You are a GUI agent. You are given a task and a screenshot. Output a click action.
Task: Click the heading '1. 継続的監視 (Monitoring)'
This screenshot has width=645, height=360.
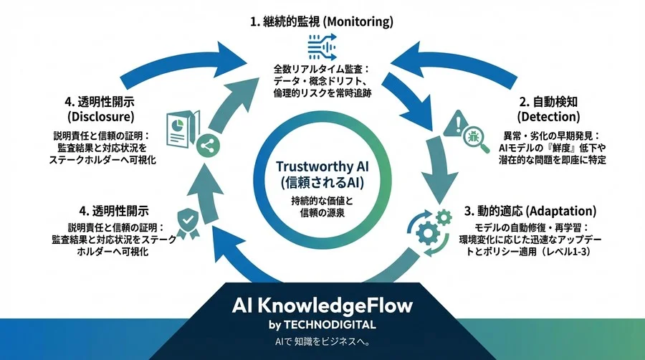coord(321,22)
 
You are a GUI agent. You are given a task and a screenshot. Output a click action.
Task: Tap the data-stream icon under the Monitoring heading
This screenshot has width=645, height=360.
coord(322,47)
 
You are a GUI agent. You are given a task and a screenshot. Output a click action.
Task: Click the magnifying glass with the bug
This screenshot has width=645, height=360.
coord(476,139)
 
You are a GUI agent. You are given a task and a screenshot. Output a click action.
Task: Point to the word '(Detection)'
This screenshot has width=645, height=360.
coord(548,116)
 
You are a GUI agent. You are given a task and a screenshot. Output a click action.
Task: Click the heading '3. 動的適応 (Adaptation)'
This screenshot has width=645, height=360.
coord(530,212)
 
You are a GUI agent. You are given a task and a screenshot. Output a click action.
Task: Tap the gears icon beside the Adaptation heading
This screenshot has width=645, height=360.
coord(430,232)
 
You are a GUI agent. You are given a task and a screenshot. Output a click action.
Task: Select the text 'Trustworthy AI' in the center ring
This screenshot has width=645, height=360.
coord(322,166)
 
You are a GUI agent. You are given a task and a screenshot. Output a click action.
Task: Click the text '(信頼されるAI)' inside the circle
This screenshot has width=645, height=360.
coord(322,182)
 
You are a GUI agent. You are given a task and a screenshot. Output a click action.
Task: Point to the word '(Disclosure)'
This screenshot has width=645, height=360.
coord(101,116)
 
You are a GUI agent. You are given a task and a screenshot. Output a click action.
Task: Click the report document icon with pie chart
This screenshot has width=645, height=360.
coord(183,129)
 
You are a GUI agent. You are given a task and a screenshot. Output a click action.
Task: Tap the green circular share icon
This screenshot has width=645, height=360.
coord(208,146)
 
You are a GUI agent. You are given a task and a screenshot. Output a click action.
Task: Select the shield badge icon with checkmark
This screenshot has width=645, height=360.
coord(188,223)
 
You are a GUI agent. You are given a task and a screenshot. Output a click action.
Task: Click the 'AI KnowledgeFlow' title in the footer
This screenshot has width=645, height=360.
coord(322,305)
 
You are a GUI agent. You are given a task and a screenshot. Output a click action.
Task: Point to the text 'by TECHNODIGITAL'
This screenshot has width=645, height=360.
coord(322,325)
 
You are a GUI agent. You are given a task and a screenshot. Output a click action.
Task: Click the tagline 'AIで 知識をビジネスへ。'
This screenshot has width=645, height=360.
coord(322,341)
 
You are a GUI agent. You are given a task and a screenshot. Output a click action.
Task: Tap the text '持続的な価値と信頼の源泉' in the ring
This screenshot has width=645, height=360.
coord(322,207)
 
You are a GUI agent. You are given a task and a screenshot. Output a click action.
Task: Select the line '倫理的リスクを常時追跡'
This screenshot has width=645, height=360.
coord(322,93)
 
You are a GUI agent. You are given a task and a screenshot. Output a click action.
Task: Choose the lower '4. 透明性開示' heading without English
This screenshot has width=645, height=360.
coord(114,211)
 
